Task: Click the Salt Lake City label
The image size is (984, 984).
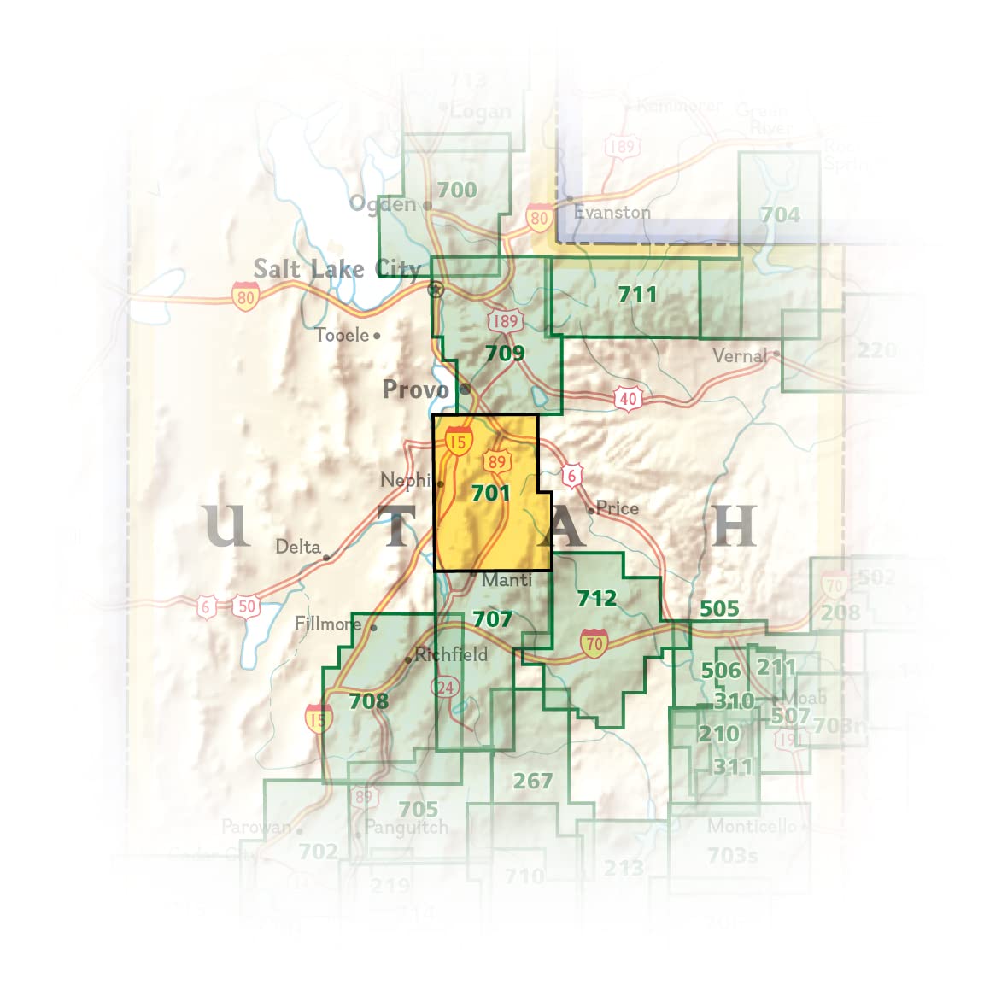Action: pyautogui.click(x=337, y=269)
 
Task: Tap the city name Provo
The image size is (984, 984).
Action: pyautogui.click(x=415, y=390)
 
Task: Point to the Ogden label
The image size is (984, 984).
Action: pyautogui.click(x=383, y=204)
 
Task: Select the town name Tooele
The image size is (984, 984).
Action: pyautogui.click(x=342, y=335)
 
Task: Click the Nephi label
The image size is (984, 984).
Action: pyautogui.click(x=406, y=480)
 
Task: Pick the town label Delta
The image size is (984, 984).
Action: pyautogui.click(x=298, y=547)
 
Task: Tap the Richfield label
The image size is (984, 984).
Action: pyautogui.click(x=451, y=655)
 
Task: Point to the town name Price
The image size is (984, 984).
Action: pyautogui.click(x=618, y=508)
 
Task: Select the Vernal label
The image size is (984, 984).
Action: pyautogui.click(x=740, y=355)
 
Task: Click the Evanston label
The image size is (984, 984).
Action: pyautogui.click(x=612, y=212)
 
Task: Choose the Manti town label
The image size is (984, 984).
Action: pyautogui.click(x=507, y=580)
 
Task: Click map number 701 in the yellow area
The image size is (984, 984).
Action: pyautogui.click(x=490, y=493)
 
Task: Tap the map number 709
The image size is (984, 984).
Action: pyautogui.click(x=504, y=353)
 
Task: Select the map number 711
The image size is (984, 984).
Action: pyautogui.click(x=637, y=295)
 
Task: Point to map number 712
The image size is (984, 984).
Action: pyautogui.click(x=596, y=598)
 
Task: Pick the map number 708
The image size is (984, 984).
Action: pyautogui.click(x=368, y=701)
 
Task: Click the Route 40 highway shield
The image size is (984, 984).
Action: pyautogui.click(x=628, y=398)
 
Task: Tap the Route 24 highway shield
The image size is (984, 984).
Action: pyautogui.click(x=445, y=688)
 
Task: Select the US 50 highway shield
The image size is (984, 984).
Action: pyautogui.click(x=247, y=607)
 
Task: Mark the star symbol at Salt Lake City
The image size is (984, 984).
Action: pyautogui.click(x=436, y=290)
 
